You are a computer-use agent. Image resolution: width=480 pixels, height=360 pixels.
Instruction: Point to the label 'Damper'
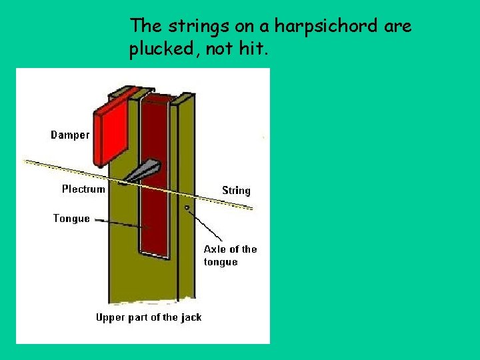(70, 135)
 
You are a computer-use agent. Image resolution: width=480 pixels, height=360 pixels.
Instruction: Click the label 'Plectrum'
(83, 189)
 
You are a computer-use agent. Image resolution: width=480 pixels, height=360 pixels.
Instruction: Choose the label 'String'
(236, 191)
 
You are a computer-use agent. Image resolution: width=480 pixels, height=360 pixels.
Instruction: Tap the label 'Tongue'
(71, 219)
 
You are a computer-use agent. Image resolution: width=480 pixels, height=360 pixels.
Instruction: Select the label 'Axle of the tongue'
(230, 255)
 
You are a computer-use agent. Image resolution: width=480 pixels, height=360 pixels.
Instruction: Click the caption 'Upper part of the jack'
(149, 317)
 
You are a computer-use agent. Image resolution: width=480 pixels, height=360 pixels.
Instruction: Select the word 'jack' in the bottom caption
(191, 317)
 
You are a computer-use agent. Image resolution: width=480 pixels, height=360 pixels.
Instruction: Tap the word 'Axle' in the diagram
(214, 249)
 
